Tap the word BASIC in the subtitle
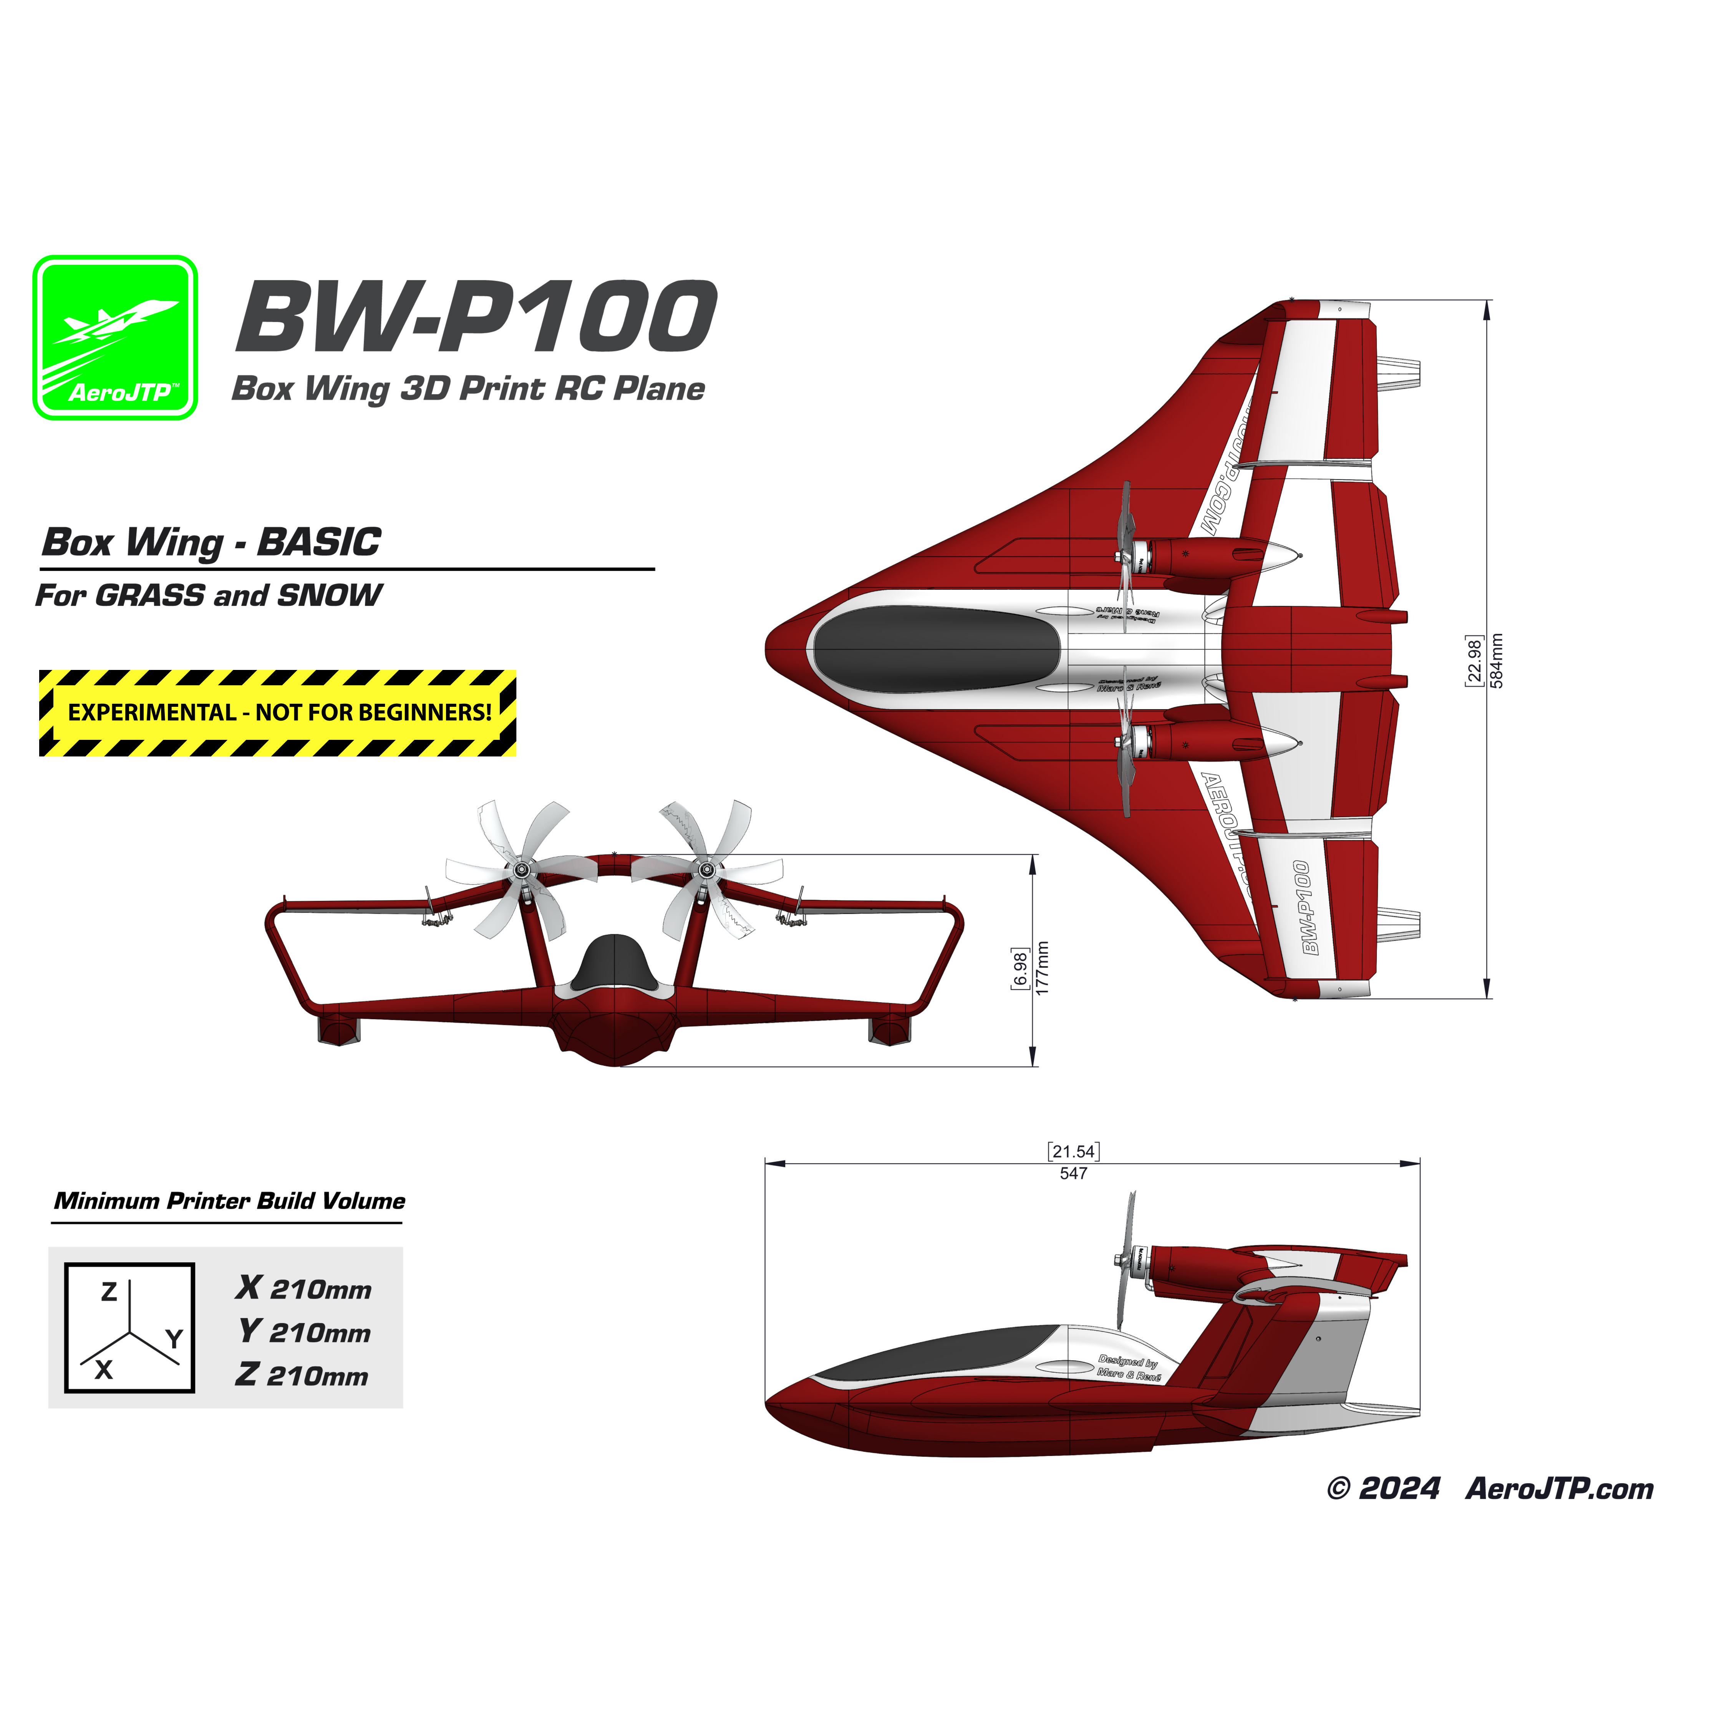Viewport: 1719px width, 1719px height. (318, 542)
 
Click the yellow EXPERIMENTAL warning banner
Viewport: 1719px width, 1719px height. (278, 713)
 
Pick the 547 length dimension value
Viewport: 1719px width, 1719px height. (1073, 1174)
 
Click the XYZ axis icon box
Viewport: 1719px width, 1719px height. (130, 1328)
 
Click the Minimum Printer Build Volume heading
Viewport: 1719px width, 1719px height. (230, 1201)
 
